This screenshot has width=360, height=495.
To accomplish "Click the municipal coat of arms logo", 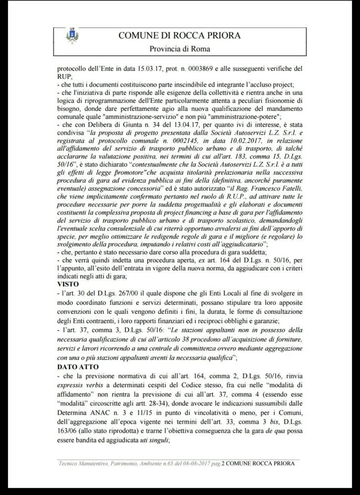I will click(x=71, y=35).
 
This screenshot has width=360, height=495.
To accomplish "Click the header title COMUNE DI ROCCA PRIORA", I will click(x=180, y=35).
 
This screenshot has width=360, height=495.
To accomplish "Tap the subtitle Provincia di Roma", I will click(x=180, y=49).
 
